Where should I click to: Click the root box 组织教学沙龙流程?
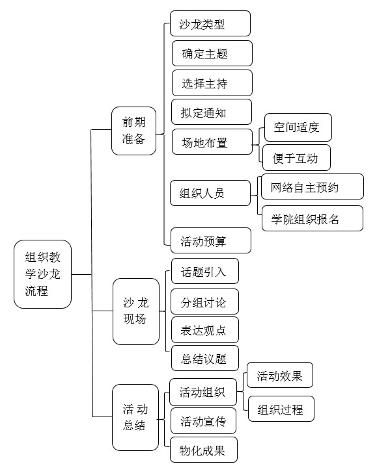click(x=42, y=274)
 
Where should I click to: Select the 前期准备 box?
click(x=134, y=131)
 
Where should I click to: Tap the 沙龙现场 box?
click(x=136, y=311)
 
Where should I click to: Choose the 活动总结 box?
click(x=135, y=417)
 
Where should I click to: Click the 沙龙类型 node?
click(x=210, y=23)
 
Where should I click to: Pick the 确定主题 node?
click(x=212, y=53)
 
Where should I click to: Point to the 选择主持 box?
click(x=212, y=83)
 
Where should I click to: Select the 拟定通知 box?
click(x=212, y=112)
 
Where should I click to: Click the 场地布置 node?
click(x=212, y=142)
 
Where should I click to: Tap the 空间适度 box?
click(x=298, y=127)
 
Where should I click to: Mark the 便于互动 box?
click(x=296, y=157)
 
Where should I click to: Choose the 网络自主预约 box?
click(x=313, y=186)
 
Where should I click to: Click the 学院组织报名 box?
click(x=313, y=218)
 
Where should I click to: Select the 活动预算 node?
click(x=211, y=240)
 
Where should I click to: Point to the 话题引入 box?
click(x=205, y=271)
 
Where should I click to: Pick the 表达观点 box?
click(x=205, y=330)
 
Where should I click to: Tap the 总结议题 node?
click(x=205, y=358)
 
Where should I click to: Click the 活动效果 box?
click(x=280, y=375)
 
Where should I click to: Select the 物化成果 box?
click(x=204, y=450)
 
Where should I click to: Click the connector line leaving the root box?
click(x=81, y=274)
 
